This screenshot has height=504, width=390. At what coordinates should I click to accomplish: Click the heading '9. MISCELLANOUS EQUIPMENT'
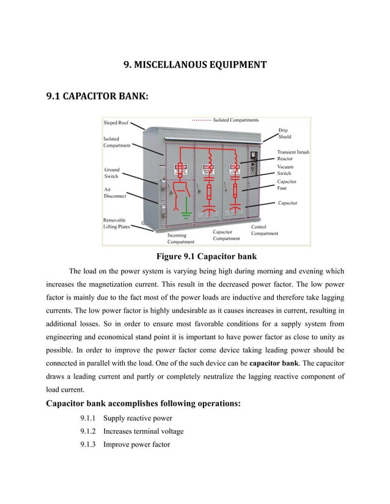point(195,63)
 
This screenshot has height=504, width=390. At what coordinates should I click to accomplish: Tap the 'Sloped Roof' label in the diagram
point(116,123)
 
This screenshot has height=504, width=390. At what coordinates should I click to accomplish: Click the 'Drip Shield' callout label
point(285,133)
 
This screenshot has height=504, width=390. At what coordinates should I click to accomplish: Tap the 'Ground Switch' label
point(112,172)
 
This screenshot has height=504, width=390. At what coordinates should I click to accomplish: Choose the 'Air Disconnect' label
point(115,193)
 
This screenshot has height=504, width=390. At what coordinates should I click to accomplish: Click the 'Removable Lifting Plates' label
point(117,223)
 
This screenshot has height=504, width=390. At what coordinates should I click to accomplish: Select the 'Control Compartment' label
point(265,230)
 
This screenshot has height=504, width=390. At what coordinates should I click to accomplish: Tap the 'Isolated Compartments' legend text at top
point(235,120)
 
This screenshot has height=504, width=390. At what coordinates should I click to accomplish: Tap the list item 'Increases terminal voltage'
point(143,431)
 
